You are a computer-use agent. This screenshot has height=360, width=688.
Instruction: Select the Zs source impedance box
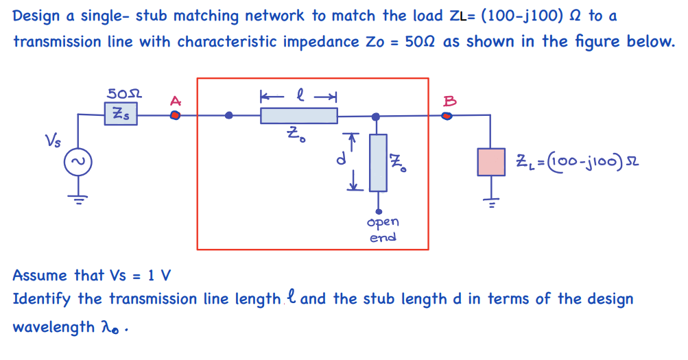tap(121, 115)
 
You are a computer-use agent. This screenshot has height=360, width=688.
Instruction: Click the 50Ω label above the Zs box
tap(125, 93)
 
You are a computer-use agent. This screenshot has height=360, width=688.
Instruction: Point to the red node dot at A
tap(175, 115)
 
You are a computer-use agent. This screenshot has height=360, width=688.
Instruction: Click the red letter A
tap(175, 101)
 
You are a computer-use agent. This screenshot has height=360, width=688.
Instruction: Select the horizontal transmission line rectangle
tap(298, 116)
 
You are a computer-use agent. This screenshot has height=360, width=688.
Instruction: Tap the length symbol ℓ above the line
tap(298, 94)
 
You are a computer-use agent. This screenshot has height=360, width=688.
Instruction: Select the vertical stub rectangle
tap(378, 163)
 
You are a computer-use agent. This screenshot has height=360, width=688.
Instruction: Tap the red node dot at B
tap(447, 116)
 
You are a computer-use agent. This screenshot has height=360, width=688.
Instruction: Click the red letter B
tap(449, 101)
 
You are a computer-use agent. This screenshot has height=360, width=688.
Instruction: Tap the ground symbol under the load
tap(491, 202)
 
